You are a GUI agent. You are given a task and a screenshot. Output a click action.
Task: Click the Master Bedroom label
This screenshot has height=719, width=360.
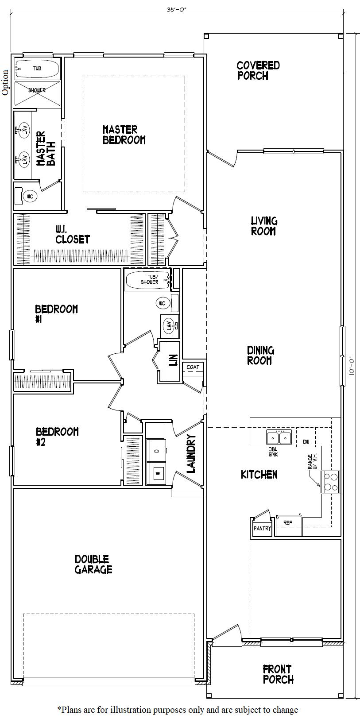pos(124,135)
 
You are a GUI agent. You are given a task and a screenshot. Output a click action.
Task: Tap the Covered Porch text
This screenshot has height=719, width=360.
pos(258,70)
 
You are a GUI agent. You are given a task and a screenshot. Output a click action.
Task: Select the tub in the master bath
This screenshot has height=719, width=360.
pos(37,69)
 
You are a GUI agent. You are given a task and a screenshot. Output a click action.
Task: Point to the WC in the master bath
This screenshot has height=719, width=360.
pos(30,196)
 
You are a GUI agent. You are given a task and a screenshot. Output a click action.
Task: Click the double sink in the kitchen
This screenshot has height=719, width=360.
pos(279,438)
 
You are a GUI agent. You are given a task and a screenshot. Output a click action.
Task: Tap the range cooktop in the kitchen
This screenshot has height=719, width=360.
pos(330,482)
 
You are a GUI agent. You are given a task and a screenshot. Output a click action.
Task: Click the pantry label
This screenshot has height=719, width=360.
pos(262,528)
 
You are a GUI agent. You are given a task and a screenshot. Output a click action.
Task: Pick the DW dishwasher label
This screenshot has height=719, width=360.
pos(306,442)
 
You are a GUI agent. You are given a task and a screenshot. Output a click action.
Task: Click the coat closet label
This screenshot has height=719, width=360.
pos(193,367)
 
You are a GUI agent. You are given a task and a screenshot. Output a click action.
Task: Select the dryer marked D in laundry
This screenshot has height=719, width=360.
pos(157,451)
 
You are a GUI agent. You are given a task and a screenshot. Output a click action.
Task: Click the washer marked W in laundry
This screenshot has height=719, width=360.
pos(157,473)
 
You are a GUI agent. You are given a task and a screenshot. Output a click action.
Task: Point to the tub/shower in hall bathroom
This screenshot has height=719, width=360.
pos(148,280)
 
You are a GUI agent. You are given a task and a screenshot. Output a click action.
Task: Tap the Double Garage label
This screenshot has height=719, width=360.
pos(93,564)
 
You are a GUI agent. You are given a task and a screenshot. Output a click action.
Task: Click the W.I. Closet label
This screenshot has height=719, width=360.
pos(72,234)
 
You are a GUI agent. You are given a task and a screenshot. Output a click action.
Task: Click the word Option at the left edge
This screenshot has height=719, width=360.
pos(5,82)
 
